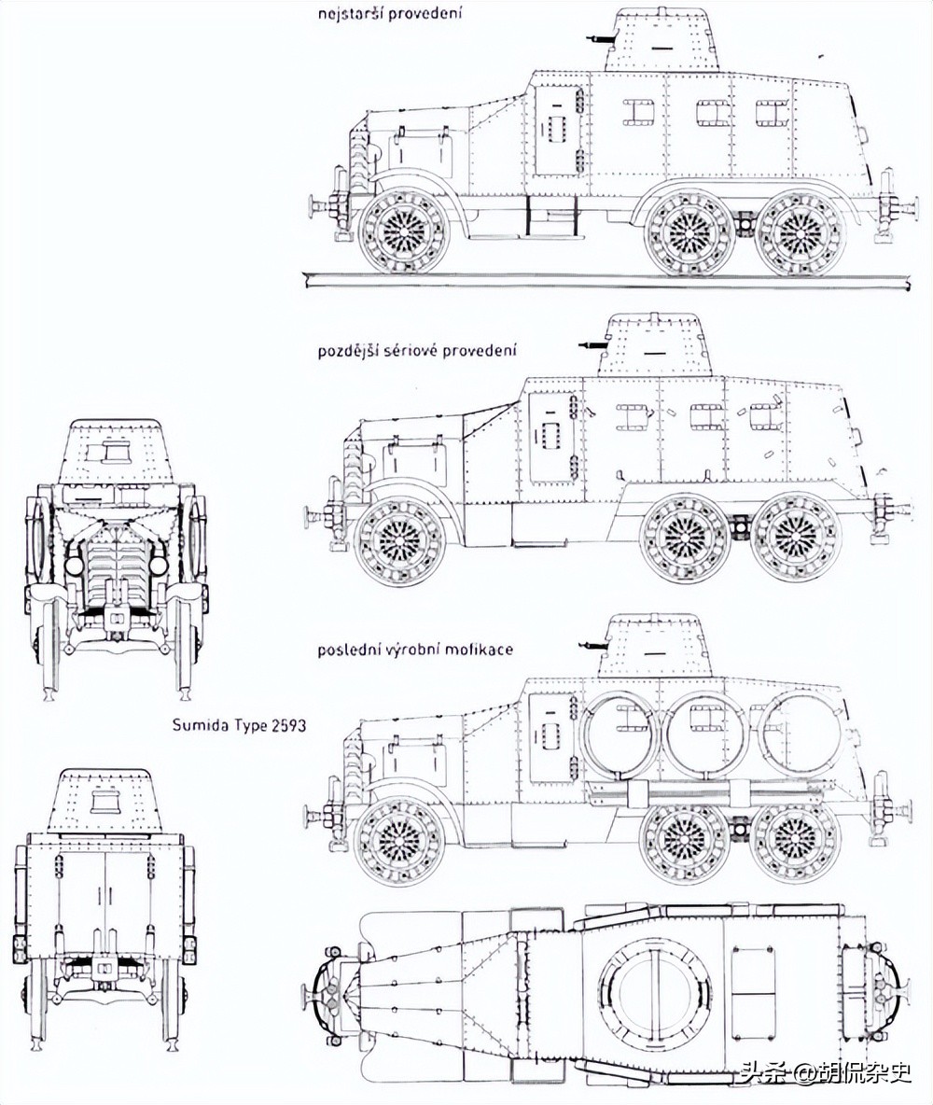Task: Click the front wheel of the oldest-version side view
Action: (x=404, y=229)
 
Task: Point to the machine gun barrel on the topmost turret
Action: (x=598, y=38)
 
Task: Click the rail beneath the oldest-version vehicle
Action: (x=606, y=278)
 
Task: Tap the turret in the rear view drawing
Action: (x=105, y=803)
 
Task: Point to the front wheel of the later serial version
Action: (x=402, y=542)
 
